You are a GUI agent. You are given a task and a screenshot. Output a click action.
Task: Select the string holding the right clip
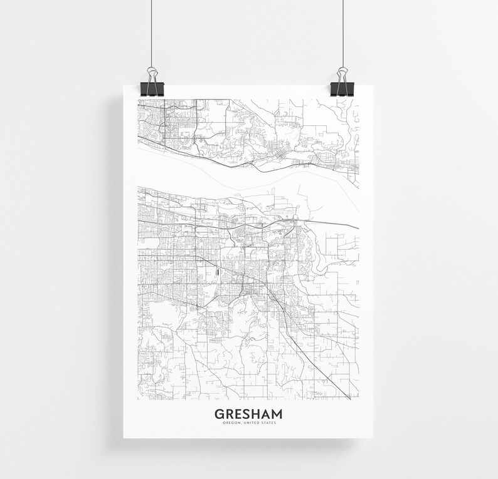click(x=344, y=31)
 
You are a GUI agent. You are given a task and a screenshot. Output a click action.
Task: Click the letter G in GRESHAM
click(x=219, y=414)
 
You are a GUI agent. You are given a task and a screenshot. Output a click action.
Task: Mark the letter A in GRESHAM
click(x=265, y=414)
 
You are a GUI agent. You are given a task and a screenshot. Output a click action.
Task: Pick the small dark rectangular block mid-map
click(x=218, y=272)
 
